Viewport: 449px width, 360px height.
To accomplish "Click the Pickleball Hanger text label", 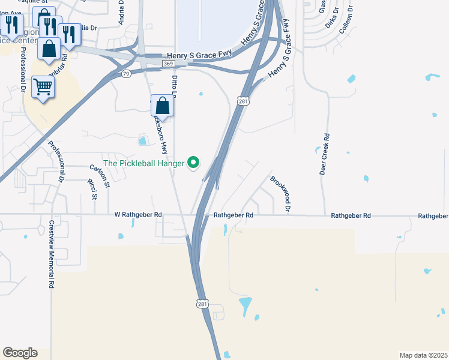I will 144,163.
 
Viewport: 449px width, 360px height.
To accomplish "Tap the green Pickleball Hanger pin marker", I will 193,162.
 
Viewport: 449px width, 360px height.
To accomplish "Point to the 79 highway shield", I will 125,74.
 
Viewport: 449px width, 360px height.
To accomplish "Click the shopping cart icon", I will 43,88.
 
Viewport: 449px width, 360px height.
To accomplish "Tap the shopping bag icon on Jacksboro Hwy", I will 162,106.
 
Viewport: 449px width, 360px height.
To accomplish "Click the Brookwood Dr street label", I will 280,193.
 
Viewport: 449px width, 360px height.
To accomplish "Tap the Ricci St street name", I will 92,188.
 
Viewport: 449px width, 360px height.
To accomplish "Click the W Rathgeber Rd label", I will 138,214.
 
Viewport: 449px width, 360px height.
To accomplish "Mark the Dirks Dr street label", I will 332,19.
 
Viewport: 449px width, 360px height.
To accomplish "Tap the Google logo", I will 20,353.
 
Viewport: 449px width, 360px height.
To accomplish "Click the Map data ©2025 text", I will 424,355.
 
